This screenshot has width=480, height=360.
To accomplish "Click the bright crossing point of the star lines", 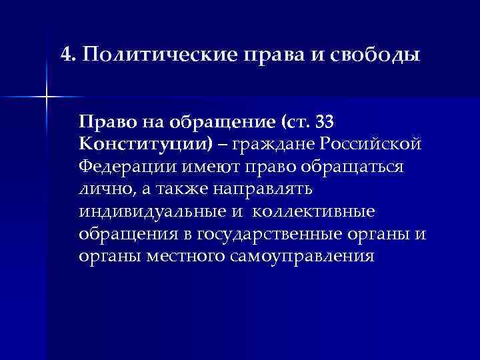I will (47, 97).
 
